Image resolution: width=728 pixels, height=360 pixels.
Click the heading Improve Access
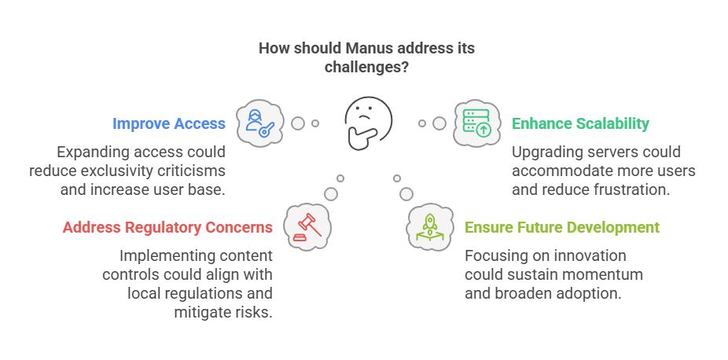point(169,123)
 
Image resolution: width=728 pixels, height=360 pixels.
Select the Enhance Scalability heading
point(580,123)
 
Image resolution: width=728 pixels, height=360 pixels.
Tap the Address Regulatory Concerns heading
point(167,227)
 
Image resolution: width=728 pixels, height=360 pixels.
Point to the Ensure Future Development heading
point(562,227)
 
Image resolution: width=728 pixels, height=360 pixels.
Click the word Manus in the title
point(351,49)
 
